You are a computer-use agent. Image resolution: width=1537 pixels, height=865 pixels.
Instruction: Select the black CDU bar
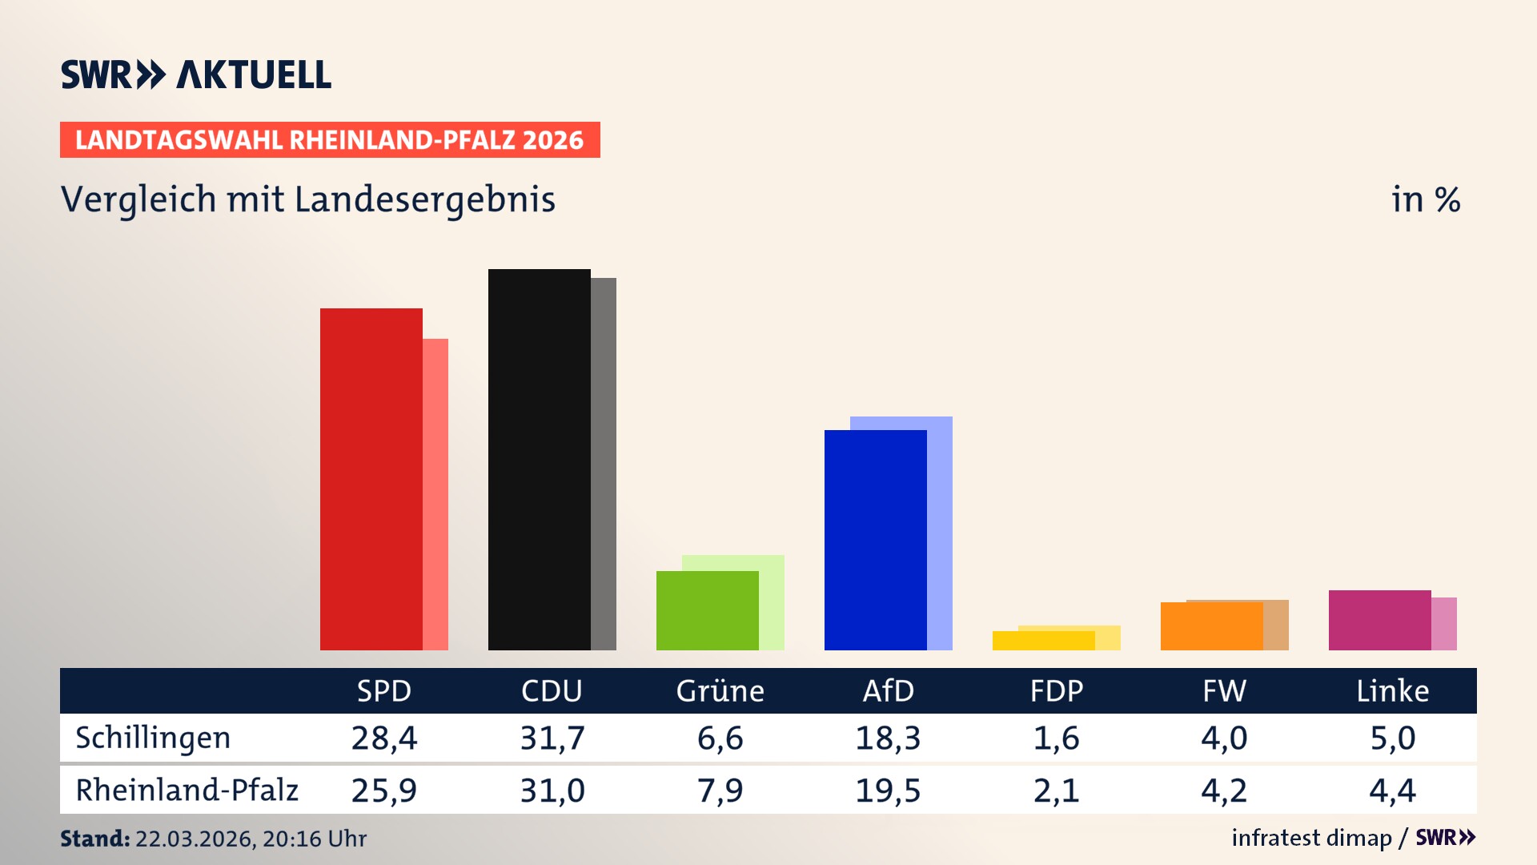pos(539,460)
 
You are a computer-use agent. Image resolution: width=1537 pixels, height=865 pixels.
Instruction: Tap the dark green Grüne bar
pos(707,610)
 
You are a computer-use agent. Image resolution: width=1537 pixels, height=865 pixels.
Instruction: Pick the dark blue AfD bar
pos(875,540)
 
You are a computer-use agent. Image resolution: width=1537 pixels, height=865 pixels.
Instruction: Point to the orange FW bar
pos(1211,626)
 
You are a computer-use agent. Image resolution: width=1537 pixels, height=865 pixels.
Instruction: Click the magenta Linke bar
pos(1379,620)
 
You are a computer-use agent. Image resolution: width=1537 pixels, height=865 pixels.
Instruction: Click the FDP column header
pos(1056,690)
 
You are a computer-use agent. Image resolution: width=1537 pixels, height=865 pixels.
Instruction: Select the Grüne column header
pos(720,690)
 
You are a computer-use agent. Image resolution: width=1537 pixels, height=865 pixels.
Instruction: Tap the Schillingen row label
pos(153,738)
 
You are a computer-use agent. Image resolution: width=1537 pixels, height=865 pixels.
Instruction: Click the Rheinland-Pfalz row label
pos(187,790)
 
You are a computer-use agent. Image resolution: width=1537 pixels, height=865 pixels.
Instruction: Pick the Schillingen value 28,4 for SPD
pos(384,738)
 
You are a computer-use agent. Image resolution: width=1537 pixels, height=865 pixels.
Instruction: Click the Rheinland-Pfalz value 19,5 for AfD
pos(888,791)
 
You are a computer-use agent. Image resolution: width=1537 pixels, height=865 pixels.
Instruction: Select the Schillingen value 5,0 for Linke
pos(1392,738)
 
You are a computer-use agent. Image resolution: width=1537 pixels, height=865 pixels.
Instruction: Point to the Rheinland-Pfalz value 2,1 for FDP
pos(1056,791)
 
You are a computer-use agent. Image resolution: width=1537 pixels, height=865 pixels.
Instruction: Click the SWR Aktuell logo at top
pos(196,74)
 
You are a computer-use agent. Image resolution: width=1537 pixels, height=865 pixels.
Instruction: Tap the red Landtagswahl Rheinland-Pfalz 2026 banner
pos(329,140)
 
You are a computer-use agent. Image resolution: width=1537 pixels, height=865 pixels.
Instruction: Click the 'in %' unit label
pos(1425,199)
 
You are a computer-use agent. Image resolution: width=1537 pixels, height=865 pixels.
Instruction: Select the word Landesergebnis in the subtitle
pos(424,199)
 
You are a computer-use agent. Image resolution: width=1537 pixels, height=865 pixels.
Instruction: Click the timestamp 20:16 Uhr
pos(314,839)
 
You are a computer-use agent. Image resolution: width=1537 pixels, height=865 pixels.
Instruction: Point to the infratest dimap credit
pos(1311,838)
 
